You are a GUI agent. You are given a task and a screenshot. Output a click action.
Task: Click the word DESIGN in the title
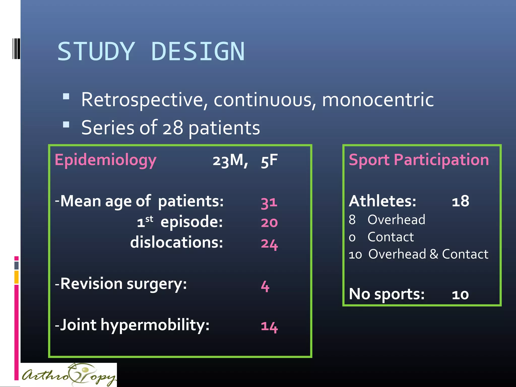(x=198, y=52)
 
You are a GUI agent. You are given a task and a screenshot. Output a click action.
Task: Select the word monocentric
(x=378, y=100)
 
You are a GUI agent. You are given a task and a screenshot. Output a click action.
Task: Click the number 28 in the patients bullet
(x=173, y=128)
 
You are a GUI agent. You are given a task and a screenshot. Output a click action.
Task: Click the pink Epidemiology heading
(x=106, y=160)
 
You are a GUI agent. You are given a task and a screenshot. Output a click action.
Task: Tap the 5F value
(x=269, y=161)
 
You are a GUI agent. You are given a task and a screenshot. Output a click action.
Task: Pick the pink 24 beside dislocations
(x=269, y=244)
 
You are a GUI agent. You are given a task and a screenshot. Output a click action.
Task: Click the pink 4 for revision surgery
(x=265, y=286)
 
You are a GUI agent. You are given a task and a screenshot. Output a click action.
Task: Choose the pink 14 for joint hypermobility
(x=269, y=327)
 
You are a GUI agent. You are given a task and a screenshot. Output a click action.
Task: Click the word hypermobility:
(x=155, y=325)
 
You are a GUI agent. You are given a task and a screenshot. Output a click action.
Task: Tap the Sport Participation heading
(x=419, y=160)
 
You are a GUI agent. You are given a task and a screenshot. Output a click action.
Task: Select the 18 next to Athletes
(x=460, y=201)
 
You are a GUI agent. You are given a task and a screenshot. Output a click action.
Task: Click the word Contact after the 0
(x=391, y=237)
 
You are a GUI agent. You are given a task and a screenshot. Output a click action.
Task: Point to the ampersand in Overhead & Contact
(x=434, y=254)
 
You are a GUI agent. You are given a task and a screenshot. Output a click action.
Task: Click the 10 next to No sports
(x=460, y=295)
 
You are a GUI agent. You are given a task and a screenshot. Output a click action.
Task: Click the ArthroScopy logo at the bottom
(x=69, y=375)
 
